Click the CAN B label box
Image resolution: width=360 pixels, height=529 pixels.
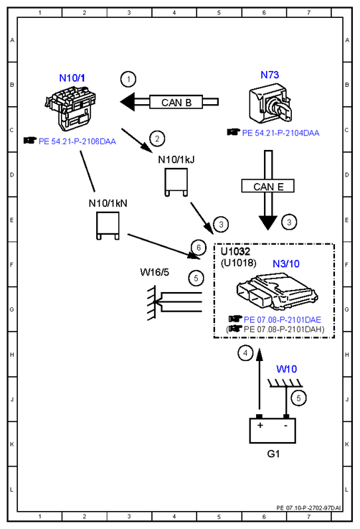(176, 102)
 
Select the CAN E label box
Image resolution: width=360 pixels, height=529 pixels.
(268, 186)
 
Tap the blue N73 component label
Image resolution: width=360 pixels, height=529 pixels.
(270, 75)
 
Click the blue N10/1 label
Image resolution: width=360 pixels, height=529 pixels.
(72, 78)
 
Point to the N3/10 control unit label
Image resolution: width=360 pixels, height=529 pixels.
(286, 263)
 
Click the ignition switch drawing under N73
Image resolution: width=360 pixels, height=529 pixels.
(270, 106)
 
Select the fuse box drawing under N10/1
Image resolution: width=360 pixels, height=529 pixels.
(70, 108)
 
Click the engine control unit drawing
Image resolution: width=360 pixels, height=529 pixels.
(277, 292)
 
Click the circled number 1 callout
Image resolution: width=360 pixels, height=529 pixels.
(128, 79)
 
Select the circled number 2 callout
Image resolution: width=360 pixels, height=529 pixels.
(157, 139)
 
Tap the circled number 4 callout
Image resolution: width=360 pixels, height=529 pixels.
(245, 353)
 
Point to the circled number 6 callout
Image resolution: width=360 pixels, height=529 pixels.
(199, 248)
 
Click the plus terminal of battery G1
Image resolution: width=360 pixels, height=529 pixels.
(259, 417)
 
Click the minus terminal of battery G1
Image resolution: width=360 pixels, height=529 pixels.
(286, 417)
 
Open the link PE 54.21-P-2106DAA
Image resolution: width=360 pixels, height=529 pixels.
(77, 141)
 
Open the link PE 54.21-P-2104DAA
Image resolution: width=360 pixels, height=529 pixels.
(280, 133)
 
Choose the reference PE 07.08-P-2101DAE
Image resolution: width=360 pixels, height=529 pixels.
(282, 319)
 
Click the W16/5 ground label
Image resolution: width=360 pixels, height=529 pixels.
(154, 272)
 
